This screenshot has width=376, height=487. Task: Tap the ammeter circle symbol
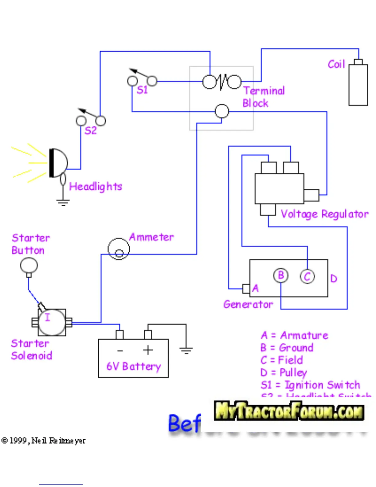(x=119, y=249)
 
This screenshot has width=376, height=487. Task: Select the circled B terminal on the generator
(x=281, y=275)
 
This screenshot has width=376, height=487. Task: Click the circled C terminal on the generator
(x=307, y=276)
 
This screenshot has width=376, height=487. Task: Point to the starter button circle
(x=29, y=265)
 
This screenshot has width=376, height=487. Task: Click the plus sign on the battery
(x=148, y=350)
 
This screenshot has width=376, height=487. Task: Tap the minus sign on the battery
(x=120, y=350)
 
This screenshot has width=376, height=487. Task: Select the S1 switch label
(x=142, y=90)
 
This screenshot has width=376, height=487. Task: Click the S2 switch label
(x=90, y=131)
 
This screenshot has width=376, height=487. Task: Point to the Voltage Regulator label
(x=324, y=214)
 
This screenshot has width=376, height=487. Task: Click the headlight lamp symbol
(x=58, y=163)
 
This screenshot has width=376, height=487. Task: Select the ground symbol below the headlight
(x=63, y=202)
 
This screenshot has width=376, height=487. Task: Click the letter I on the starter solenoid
(x=47, y=317)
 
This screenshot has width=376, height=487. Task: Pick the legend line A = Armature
(x=294, y=335)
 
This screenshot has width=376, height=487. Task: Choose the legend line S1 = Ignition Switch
(x=310, y=385)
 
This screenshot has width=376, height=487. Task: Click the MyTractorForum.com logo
(x=289, y=411)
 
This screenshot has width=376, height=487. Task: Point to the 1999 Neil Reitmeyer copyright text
(x=44, y=441)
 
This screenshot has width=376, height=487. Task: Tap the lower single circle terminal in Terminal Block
(x=222, y=111)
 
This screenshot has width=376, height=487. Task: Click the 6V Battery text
(x=134, y=366)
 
